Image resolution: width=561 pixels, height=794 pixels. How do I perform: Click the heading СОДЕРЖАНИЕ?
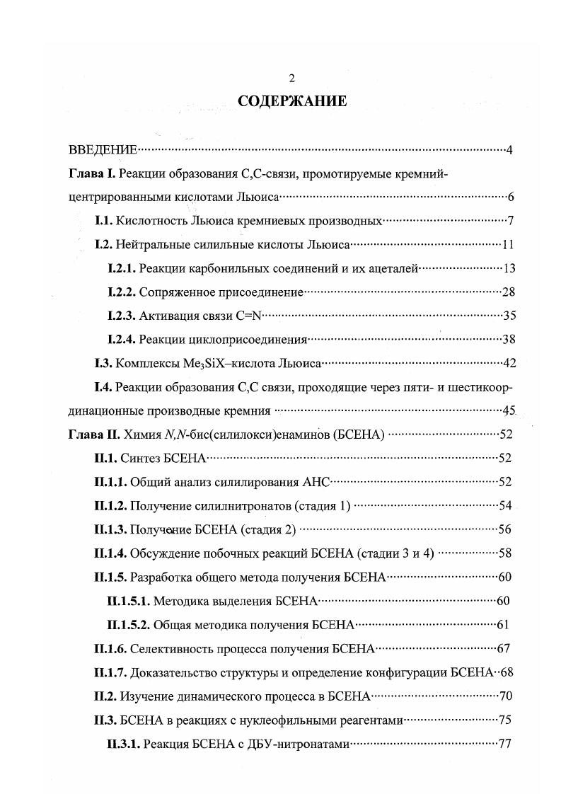tap(292, 101)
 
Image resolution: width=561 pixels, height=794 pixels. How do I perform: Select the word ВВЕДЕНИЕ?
tap(103, 149)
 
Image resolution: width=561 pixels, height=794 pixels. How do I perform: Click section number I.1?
tap(104, 221)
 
